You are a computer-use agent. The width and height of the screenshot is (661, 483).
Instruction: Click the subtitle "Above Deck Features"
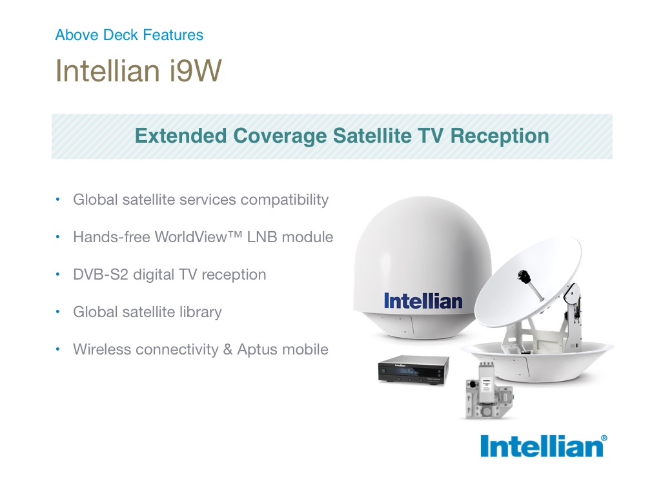(129, 35)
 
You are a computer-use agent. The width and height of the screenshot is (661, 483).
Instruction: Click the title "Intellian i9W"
(138, 70)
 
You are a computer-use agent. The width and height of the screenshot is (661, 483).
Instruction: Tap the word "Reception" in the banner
(500, 136)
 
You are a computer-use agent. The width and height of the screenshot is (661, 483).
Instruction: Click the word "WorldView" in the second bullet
(191, 237)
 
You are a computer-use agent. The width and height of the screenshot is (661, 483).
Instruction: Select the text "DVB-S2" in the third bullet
(100, 274)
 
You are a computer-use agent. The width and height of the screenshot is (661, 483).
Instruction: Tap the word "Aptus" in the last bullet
(257, 349)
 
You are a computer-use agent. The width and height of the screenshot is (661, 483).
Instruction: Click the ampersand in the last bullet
(228, 349)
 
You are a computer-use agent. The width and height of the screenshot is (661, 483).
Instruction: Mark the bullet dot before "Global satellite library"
(57, 312)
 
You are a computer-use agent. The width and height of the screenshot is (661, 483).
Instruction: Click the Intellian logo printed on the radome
(423, 301)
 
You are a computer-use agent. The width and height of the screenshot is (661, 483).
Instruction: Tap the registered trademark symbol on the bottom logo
(604, 438)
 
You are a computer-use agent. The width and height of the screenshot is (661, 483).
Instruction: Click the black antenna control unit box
(414, 369)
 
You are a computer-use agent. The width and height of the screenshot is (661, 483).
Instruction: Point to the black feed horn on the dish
(524, 276)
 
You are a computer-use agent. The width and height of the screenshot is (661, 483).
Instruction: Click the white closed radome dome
(422, 267)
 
